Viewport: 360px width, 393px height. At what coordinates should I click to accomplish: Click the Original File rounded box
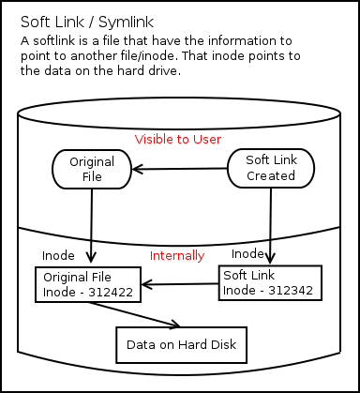click(91, 169)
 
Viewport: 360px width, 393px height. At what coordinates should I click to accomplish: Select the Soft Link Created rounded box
click(271, 168)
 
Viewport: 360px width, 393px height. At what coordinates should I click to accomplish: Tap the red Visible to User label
click(177, 139)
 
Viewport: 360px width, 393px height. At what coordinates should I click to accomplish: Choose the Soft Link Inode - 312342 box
click(270, 281)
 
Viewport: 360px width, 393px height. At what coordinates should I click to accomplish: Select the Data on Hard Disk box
click(181, 345)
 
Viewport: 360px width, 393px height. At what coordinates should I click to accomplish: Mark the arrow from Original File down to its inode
click(91, 225)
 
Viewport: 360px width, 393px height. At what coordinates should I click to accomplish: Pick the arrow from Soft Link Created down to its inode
click(270, 225)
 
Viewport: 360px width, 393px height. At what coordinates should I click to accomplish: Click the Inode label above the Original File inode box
click(58, 255)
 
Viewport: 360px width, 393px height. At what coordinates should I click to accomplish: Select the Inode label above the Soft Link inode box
click(247, 253)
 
